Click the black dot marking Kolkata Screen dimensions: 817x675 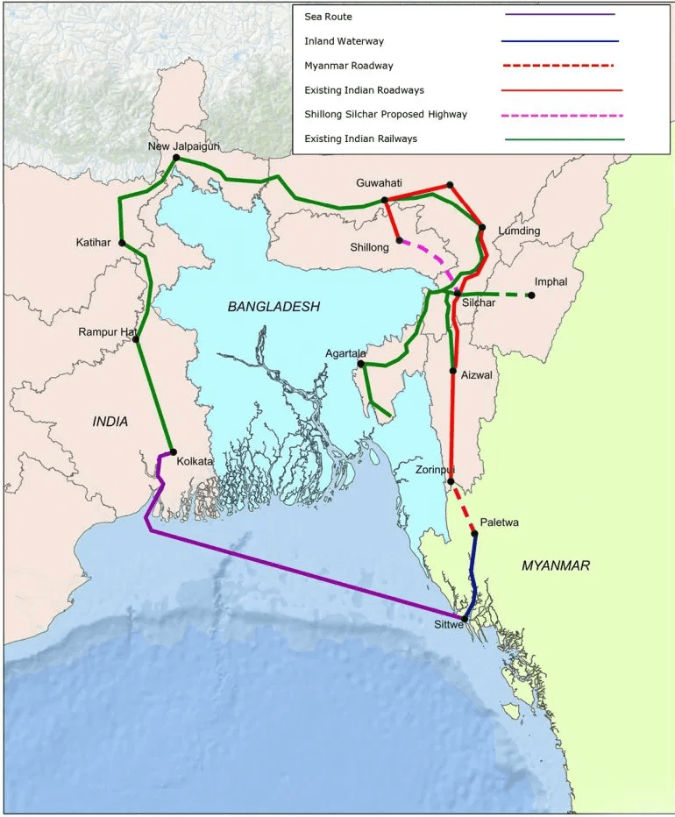[x=173, y=452]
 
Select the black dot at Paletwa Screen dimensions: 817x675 [x=474, y=534]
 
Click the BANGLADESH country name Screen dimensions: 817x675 [x=274, y=306]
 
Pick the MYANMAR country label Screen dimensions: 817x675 [x=556, y=565]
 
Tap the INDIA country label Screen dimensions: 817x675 [x=110, y=422]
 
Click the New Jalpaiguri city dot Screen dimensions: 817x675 [x=176, y=158]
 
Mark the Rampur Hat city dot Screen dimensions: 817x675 [x=136, y=339]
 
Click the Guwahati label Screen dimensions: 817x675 [x=379, y=182]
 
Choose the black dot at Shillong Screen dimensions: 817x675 [x=399, y=240]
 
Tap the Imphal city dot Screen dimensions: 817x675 [x=531, y=295]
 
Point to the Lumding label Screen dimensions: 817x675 [x=519, y=231]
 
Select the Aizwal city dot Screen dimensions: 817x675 [x=452, y=372]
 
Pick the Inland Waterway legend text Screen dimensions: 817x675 [x=344, y=41]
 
